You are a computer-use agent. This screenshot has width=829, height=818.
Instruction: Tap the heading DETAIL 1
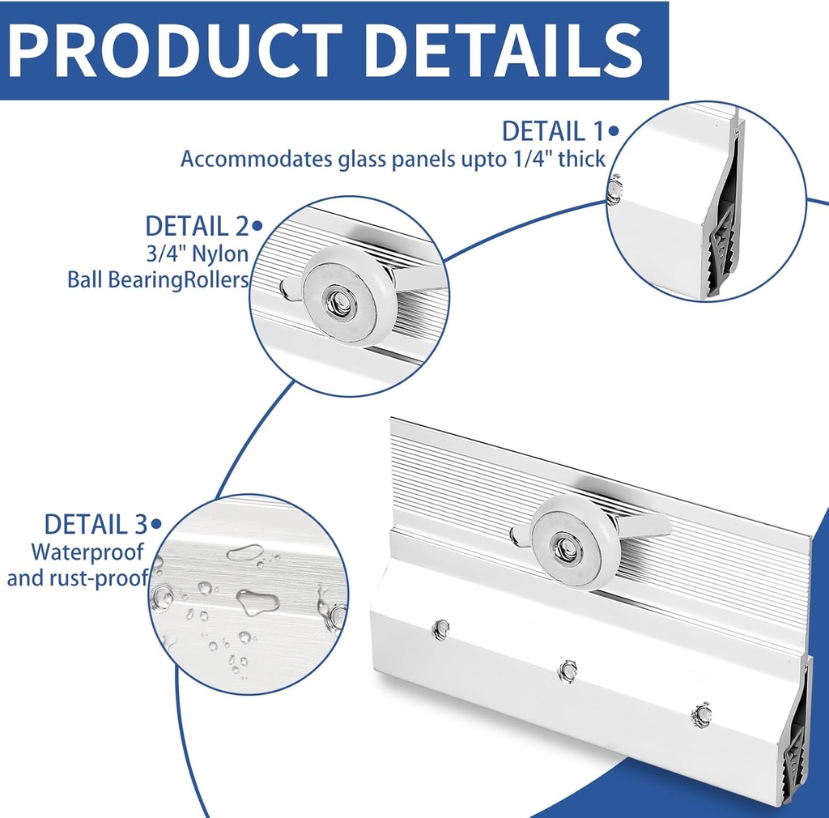click(555, 131)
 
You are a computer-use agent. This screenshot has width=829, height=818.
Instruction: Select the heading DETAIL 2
click(198, 226)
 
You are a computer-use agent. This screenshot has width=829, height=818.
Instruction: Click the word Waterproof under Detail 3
click(87, 552)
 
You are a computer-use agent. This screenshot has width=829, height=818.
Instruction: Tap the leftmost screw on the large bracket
click(441, 629)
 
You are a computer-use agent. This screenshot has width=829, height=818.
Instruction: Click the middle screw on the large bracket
click(568, 670)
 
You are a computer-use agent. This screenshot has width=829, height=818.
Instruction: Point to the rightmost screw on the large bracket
click(701, 714)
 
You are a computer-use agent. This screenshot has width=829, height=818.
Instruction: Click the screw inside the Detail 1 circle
click(615, 190)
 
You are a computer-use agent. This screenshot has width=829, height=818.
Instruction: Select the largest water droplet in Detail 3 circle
click(257, 602)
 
